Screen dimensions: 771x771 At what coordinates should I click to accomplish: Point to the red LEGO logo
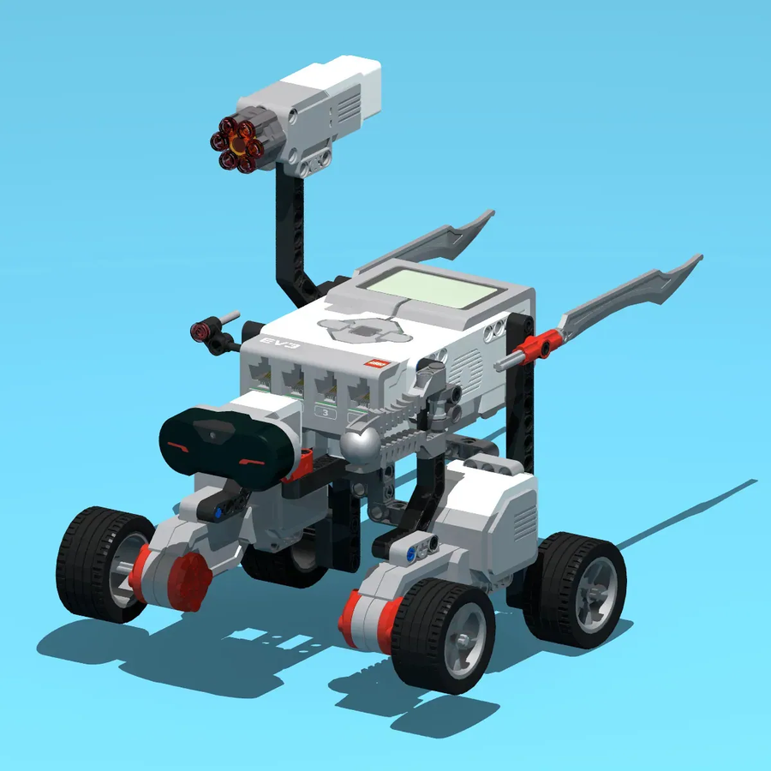376,363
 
